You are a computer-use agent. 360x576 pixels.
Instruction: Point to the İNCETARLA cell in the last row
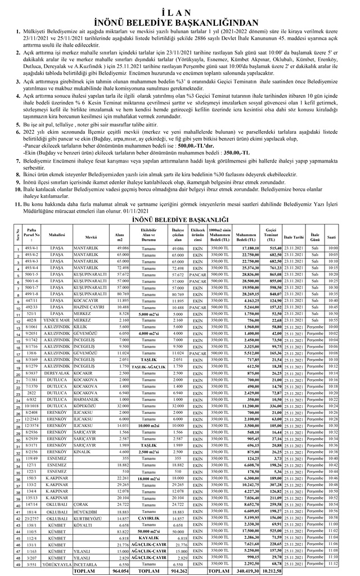point(84,563)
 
